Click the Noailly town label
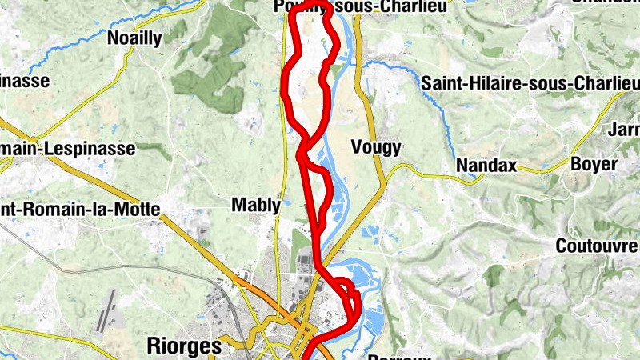point(134,38)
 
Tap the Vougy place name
point(376,146)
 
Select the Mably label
point(256,206)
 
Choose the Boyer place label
point(594,164)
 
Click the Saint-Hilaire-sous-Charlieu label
point(530,83)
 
